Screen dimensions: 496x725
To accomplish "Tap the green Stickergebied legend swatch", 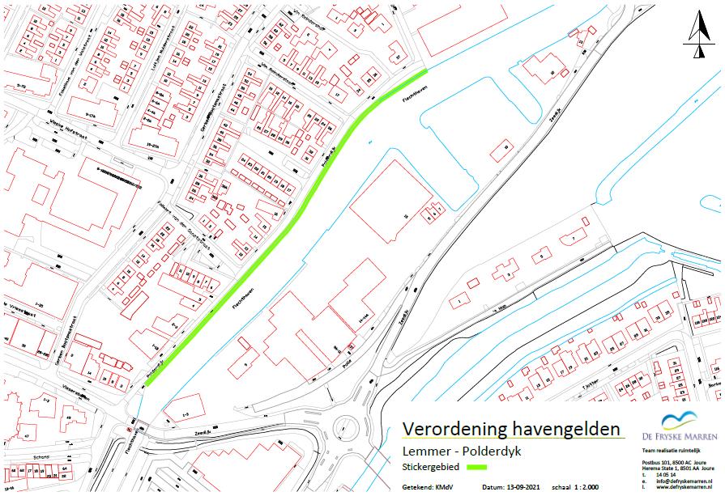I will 471,467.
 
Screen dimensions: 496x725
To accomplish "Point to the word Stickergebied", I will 428,467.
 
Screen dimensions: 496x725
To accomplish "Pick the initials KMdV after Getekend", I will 446,488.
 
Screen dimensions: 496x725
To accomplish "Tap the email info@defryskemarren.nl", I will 679,481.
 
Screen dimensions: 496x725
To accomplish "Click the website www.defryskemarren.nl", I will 677,487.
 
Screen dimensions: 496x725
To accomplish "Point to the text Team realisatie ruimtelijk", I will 669,449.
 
